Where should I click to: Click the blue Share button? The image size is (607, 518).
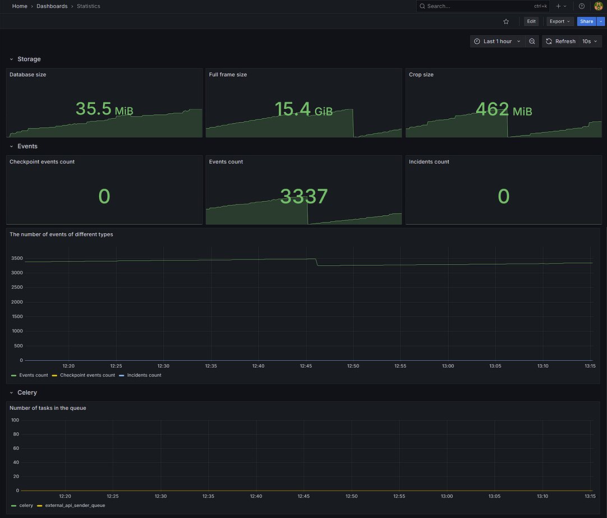586,21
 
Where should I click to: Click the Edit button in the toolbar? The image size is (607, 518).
531,21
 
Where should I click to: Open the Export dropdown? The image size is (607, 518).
559,21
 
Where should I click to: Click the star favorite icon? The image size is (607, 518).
506,21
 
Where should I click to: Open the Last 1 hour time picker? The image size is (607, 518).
497,41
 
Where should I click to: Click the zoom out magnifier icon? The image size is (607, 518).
532,41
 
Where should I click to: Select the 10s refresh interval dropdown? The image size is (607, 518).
590,41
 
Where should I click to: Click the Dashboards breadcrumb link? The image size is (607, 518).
52,6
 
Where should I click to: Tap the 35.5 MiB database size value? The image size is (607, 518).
104,109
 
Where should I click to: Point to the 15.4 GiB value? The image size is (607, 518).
303,109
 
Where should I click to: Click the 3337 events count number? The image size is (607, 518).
303,196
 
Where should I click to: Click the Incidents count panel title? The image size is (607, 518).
429,161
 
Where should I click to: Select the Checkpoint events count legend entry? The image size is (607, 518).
87,375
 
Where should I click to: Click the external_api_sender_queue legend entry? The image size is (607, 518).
75,505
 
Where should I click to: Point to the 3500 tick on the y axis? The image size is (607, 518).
17,258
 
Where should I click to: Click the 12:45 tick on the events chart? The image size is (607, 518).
306,366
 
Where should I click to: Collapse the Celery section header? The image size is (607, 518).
27,392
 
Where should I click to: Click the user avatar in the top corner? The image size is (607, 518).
598,6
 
